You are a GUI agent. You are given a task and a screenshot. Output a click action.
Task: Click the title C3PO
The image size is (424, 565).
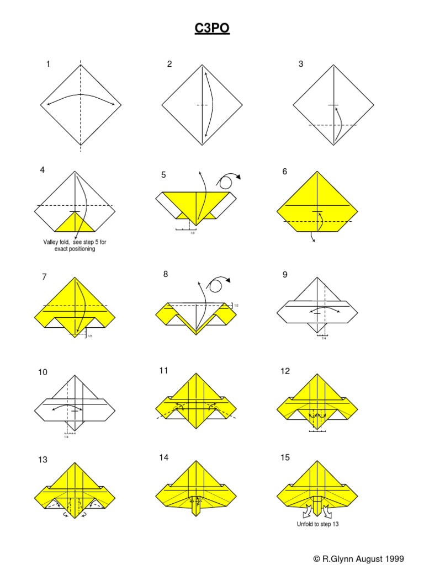212,29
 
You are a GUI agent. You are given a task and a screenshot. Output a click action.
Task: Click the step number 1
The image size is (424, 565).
48,64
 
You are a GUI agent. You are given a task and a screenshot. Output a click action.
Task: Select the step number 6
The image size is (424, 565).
285,172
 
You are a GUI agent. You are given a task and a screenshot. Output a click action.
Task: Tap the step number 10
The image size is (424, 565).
43,372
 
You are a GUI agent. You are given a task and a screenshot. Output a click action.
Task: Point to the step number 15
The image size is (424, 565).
285,457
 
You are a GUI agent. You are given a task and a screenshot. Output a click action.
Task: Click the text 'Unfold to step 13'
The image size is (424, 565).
317,524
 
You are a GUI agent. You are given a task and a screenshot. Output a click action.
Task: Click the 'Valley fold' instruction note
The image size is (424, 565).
70,246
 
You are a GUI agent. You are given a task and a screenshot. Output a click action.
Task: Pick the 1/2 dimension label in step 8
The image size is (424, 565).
236,305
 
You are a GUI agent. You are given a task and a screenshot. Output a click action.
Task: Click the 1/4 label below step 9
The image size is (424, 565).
324,338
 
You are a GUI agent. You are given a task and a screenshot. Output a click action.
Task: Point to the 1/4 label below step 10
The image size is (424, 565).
66,436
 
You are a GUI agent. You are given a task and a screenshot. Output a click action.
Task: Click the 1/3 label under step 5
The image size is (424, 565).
193,233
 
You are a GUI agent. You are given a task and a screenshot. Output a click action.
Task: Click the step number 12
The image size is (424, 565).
285,371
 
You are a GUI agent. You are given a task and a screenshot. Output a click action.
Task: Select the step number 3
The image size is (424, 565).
301,64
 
